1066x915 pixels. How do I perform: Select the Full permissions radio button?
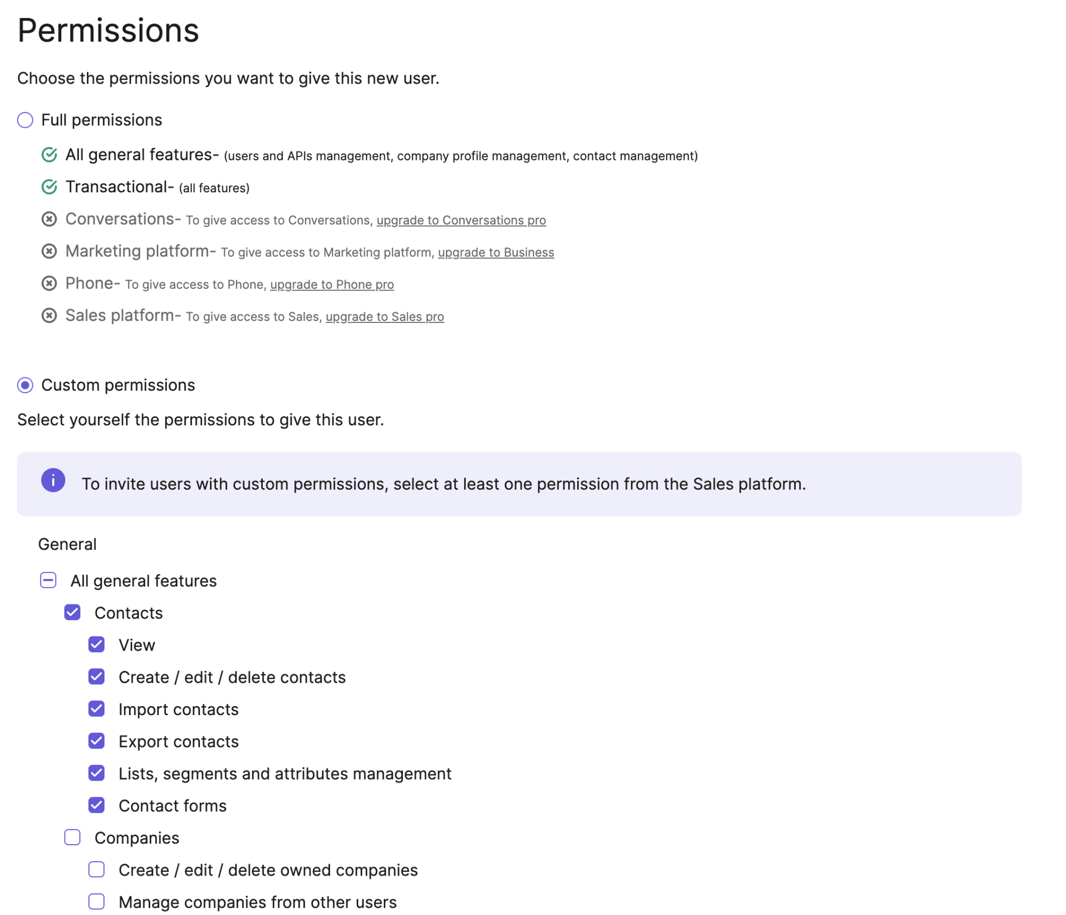tap(25, 120)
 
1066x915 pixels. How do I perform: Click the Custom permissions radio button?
tap(25, 385)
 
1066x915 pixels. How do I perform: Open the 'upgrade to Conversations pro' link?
tap(461, 220)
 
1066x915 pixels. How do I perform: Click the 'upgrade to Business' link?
tap(496, 252)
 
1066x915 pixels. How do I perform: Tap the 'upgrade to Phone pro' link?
tap(332, 285)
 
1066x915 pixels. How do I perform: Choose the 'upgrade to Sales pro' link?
tap(384, 317)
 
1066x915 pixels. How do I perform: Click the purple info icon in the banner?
tap(53, 480)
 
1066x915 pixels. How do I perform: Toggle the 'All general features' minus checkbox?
tap(49, 580)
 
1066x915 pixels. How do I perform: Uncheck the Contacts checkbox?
tap(72, 612)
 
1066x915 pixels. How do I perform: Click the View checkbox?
tap(96, 644)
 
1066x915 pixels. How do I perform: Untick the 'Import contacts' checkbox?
tap(96, 708)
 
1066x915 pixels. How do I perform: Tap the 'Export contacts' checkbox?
tap(96, 741)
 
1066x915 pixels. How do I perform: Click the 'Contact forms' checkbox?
tap(96, 805)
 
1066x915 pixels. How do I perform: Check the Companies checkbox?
tap(72, 837)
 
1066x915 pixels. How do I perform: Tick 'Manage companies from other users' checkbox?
tap(96, 901)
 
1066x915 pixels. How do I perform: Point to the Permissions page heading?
tap(108, 30)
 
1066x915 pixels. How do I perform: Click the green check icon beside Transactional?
tap(49, 187)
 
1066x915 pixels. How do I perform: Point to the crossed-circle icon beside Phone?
tap(49, 283)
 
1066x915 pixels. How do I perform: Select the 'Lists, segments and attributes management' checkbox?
tap(96, 773)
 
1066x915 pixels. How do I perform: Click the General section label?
tap(67, 544)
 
